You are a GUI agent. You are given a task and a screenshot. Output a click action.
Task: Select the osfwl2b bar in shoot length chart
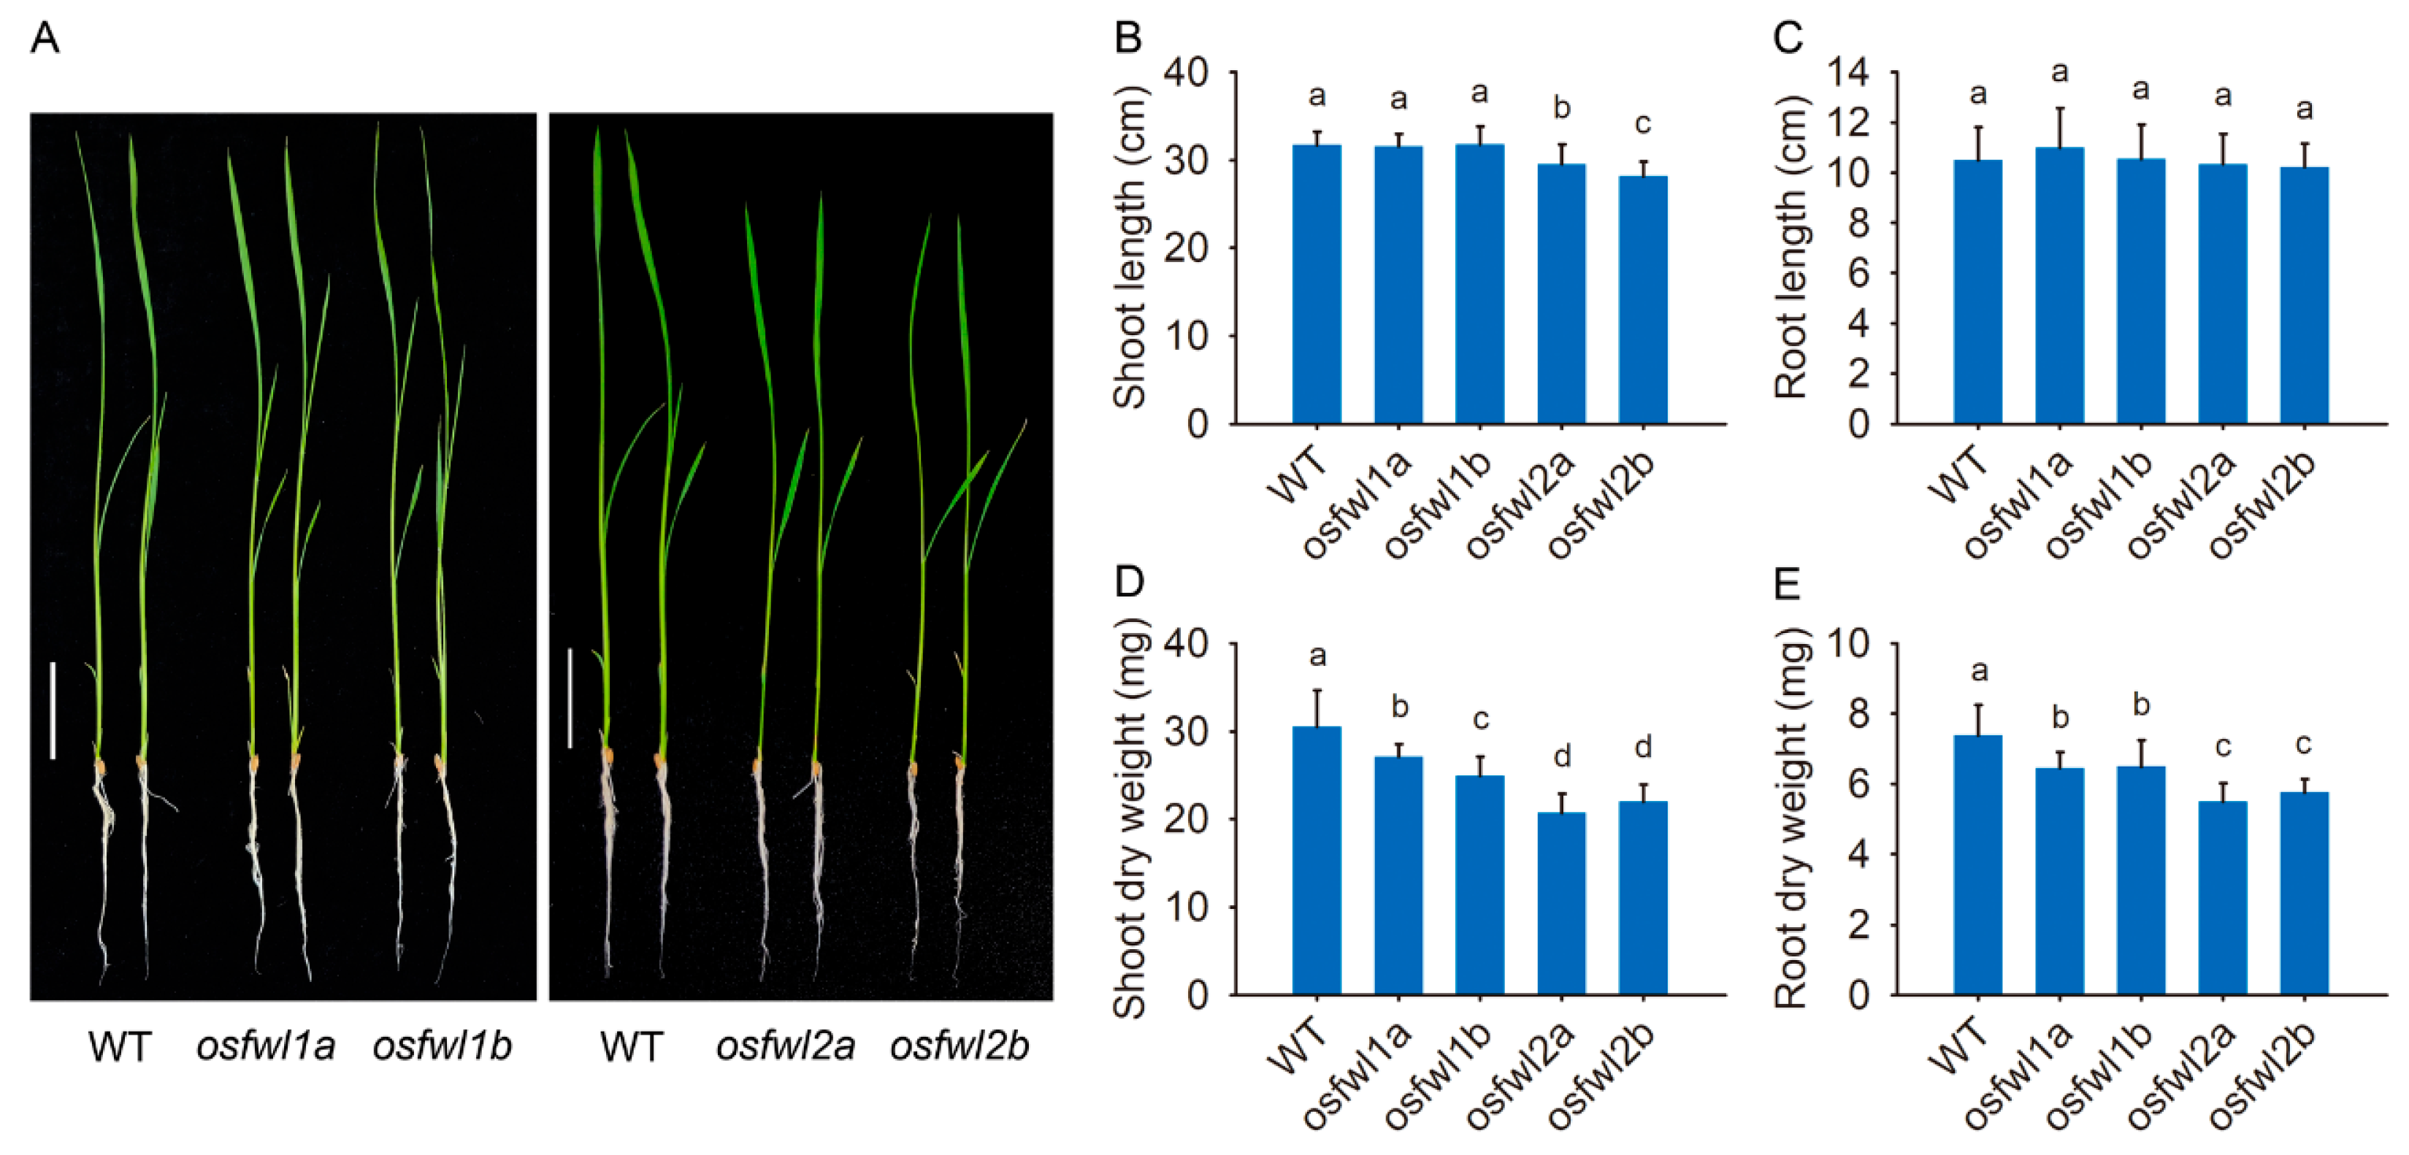click(x=1642, y=299)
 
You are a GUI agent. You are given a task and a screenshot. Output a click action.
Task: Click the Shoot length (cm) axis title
click(x=1130, y=247)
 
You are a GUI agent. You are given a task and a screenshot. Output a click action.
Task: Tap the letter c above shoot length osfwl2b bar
click(x=1642, y=123)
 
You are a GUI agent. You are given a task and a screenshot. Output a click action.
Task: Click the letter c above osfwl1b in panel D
click(x=1479, y=719)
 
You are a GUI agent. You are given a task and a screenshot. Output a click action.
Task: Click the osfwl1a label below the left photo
click(x=266, y=1045)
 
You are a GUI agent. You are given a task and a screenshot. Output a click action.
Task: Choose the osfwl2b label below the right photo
click(x=960, y=1045)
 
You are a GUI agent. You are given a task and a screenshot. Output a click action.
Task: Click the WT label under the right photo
click(x=631, y=1046)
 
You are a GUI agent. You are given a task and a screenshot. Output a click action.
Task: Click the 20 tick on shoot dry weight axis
click(x=1187, y=819)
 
